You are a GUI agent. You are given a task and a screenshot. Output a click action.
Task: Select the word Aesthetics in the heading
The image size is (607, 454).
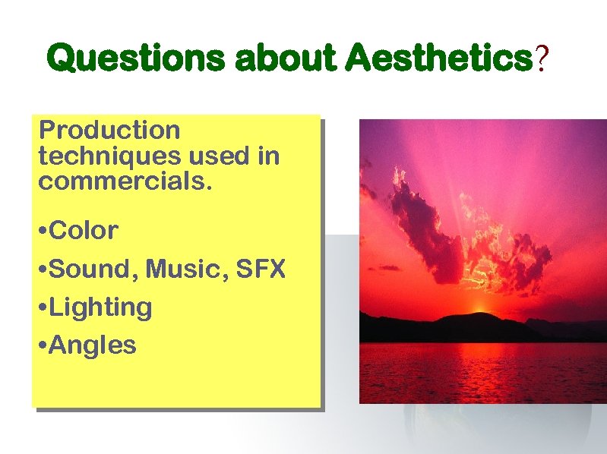[438, 58]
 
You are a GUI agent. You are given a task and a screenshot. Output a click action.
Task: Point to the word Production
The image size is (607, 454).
[109, 131]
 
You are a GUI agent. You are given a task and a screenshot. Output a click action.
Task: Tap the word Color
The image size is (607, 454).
[84, 230]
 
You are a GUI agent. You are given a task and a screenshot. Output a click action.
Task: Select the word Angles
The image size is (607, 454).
[94, 346]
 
